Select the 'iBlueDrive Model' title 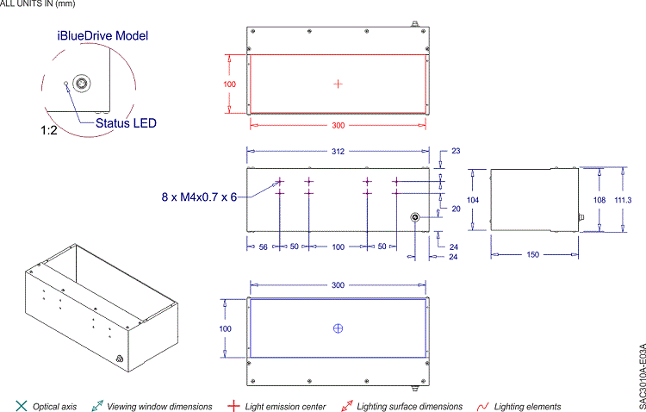pyautogui.click(x=102, y=36)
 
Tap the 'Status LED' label pyautogui.click(x=126, y=123)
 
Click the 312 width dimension pyautogui.click(x=338, y=151)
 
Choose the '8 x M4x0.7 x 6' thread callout pyautogui.click(x=199, y=197)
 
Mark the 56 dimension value pyautogui.click(x=264, y=247)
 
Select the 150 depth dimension pyautogui.click(x=534, y=254)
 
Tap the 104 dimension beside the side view pyautogui.click(x=472, y=199)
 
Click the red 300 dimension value pyautogui.click(x=338, y=125)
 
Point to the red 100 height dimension pyautogui.click(x=230, y=84)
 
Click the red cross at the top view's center pyautogui.click(x=338, y=84)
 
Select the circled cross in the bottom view pyautogui.click(x=338, y=328)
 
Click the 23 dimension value pyautogui.click(x=455, y=151)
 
